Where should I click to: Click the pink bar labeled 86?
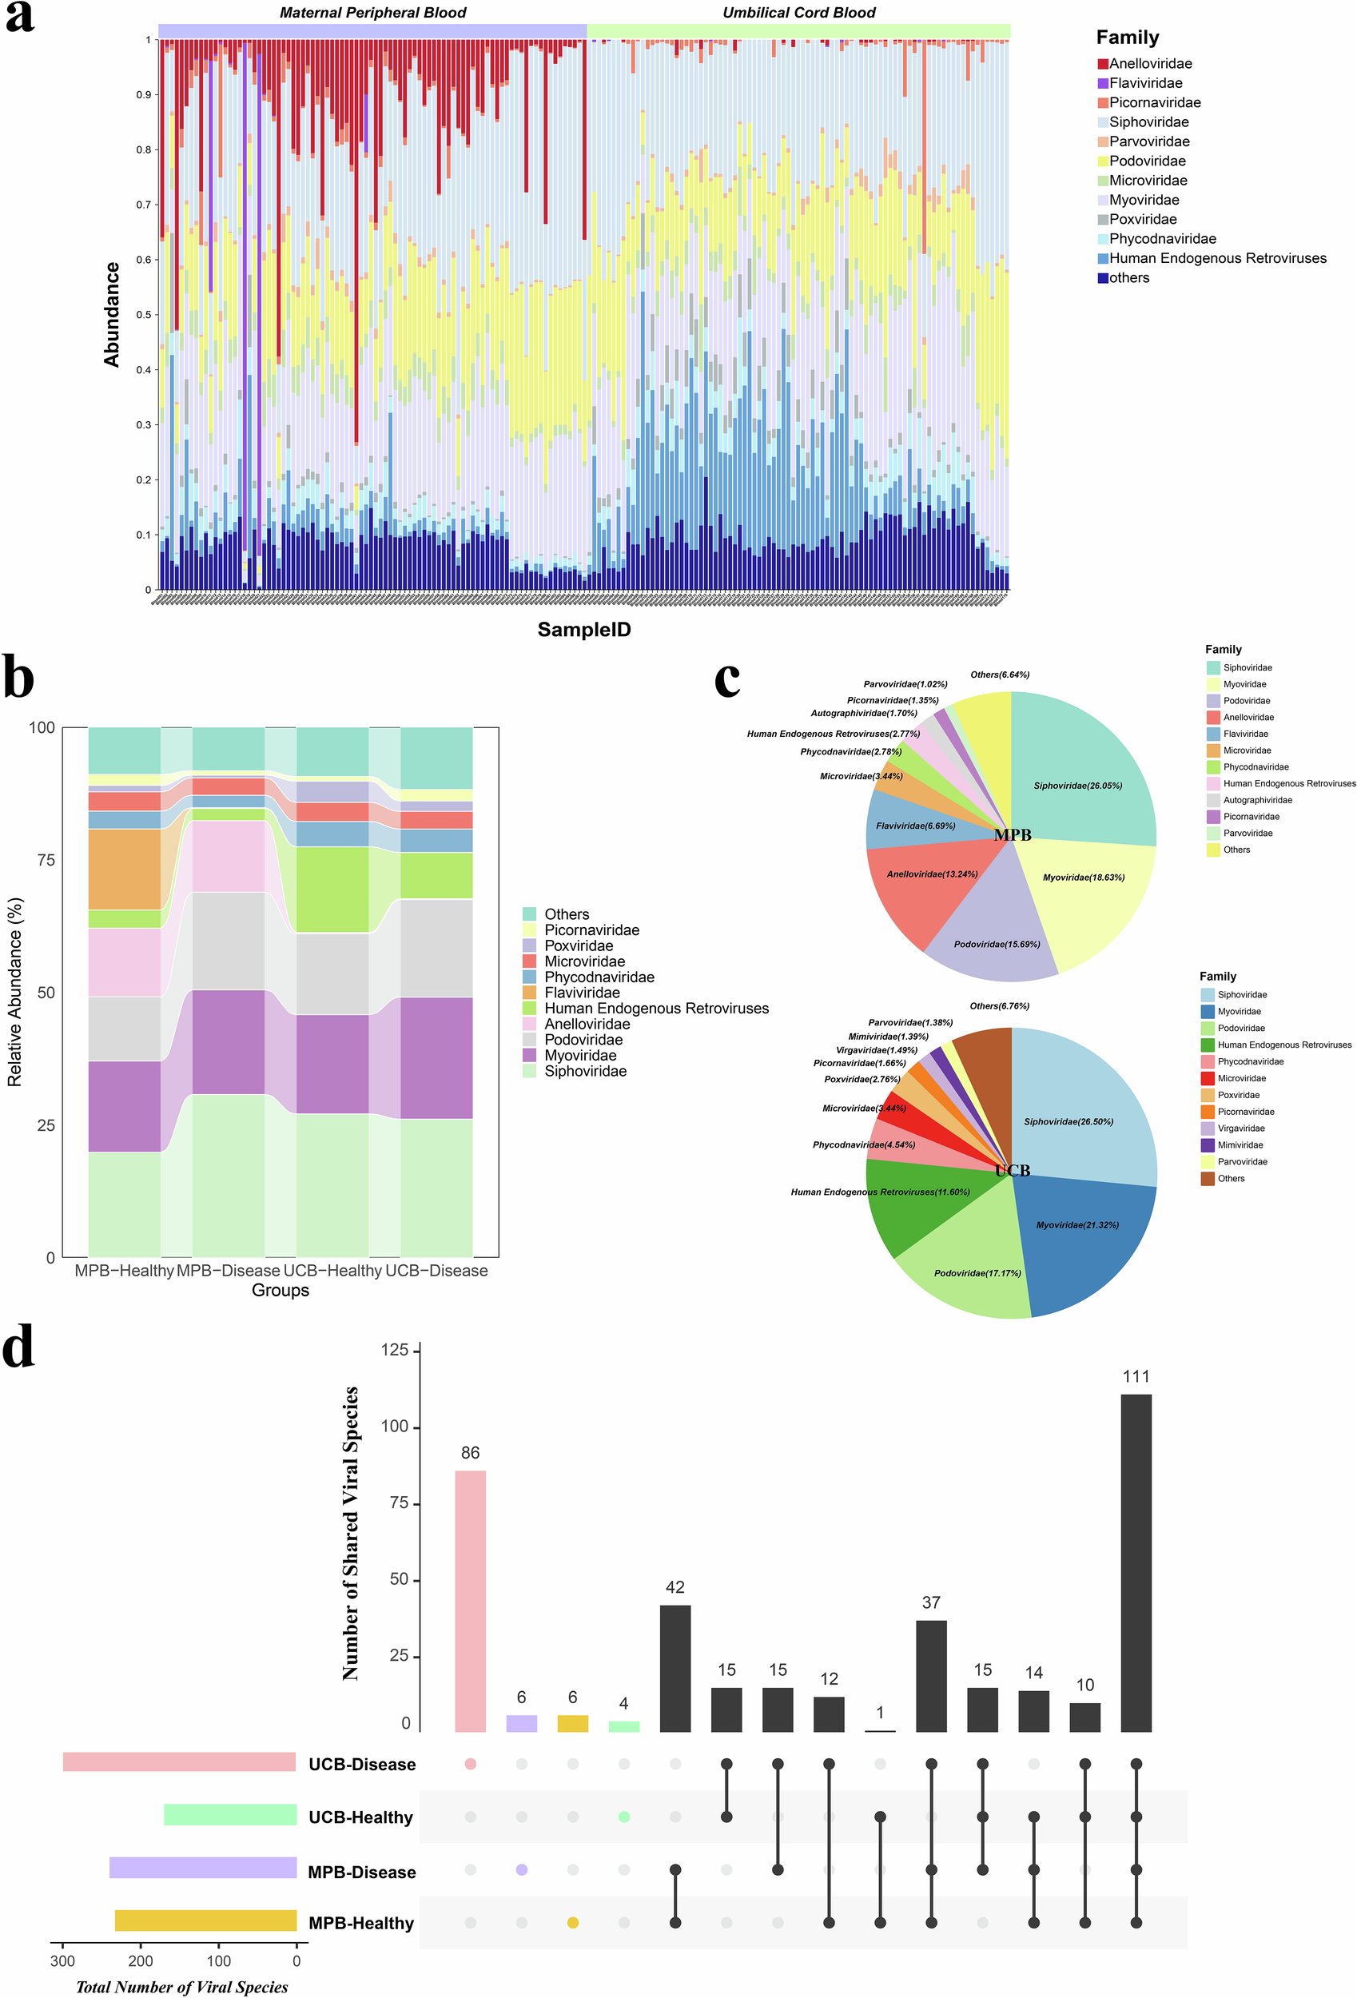(470, 1600)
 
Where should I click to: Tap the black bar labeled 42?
(675, 1667)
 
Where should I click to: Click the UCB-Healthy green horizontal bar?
(229, 1814)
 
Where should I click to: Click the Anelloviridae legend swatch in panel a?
(1102, 64)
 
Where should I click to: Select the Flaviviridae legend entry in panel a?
(1144, 83)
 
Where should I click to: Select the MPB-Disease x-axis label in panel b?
(228, 1270)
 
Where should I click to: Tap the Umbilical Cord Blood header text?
(798, 13)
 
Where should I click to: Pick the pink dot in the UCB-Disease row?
(470, 1763)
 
